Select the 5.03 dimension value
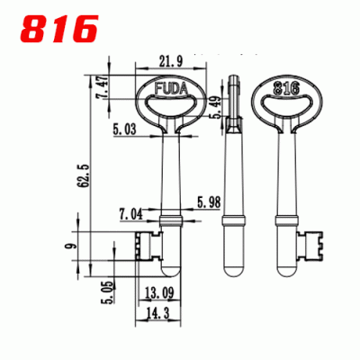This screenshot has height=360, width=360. (125, 130)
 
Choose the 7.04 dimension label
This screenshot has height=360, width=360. (130, 215)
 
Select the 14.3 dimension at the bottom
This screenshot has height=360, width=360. (158, 311)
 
